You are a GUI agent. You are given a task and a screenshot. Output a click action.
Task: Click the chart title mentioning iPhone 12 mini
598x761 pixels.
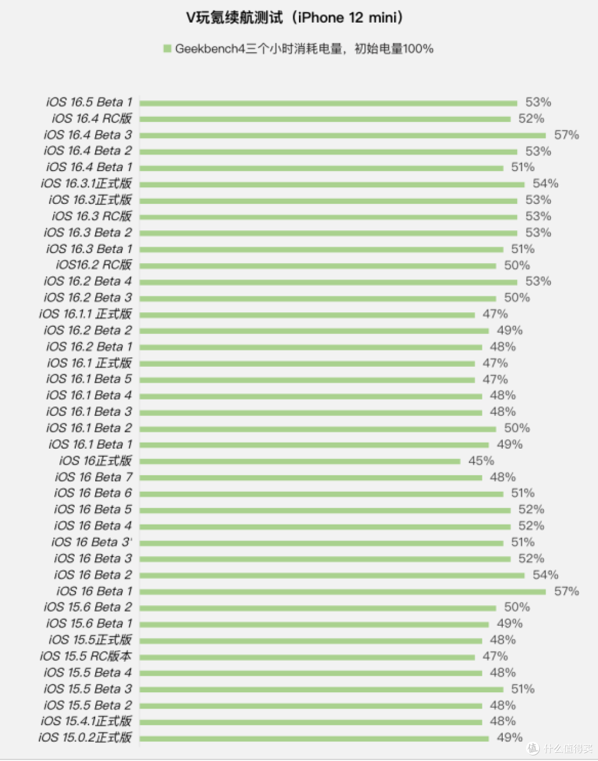(x=295, y=18)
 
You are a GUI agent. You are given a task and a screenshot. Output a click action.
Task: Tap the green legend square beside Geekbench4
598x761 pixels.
(x=167, y=48)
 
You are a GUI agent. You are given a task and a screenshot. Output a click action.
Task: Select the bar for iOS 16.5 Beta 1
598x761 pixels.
(x=328, y=103)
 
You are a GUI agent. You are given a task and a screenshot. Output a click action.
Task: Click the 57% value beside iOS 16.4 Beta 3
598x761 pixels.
(x=566, y=135)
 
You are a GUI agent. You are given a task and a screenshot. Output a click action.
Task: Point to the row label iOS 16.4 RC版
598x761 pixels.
(x=92, y=119)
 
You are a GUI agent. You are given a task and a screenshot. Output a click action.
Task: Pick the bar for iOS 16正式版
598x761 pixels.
(x=300, y=461)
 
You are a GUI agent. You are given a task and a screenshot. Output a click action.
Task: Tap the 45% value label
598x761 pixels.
(x=481, y=460)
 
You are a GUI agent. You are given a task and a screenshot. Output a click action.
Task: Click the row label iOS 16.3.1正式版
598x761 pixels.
(x=86, y=183)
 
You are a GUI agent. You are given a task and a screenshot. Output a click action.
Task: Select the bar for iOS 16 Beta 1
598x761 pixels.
(x=342, y=592)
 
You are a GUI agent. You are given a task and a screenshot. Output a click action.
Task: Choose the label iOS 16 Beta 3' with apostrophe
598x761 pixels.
(x=92, y=542)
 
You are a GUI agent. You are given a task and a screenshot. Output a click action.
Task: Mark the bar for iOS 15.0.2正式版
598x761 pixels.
(x=314, y=739)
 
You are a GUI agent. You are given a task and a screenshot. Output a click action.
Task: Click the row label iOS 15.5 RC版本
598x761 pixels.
(x=86, y=656)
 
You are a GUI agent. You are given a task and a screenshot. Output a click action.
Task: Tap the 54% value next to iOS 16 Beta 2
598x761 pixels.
(x=545, y=575)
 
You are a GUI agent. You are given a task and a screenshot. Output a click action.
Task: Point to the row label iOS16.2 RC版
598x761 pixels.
(x=94, y=265)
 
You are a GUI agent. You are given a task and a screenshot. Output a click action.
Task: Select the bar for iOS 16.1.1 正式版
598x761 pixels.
(x=307, y=315)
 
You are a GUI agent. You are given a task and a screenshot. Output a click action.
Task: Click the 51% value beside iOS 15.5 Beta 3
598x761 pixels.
(x=523, y=689)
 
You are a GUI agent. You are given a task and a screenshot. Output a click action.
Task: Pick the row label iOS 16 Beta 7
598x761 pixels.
(x=94, y=477)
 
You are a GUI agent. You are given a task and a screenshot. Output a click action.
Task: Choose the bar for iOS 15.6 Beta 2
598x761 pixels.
(x=318, y=608)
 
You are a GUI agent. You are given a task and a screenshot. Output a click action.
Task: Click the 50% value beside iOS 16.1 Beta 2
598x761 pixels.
(x=517, y=428)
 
